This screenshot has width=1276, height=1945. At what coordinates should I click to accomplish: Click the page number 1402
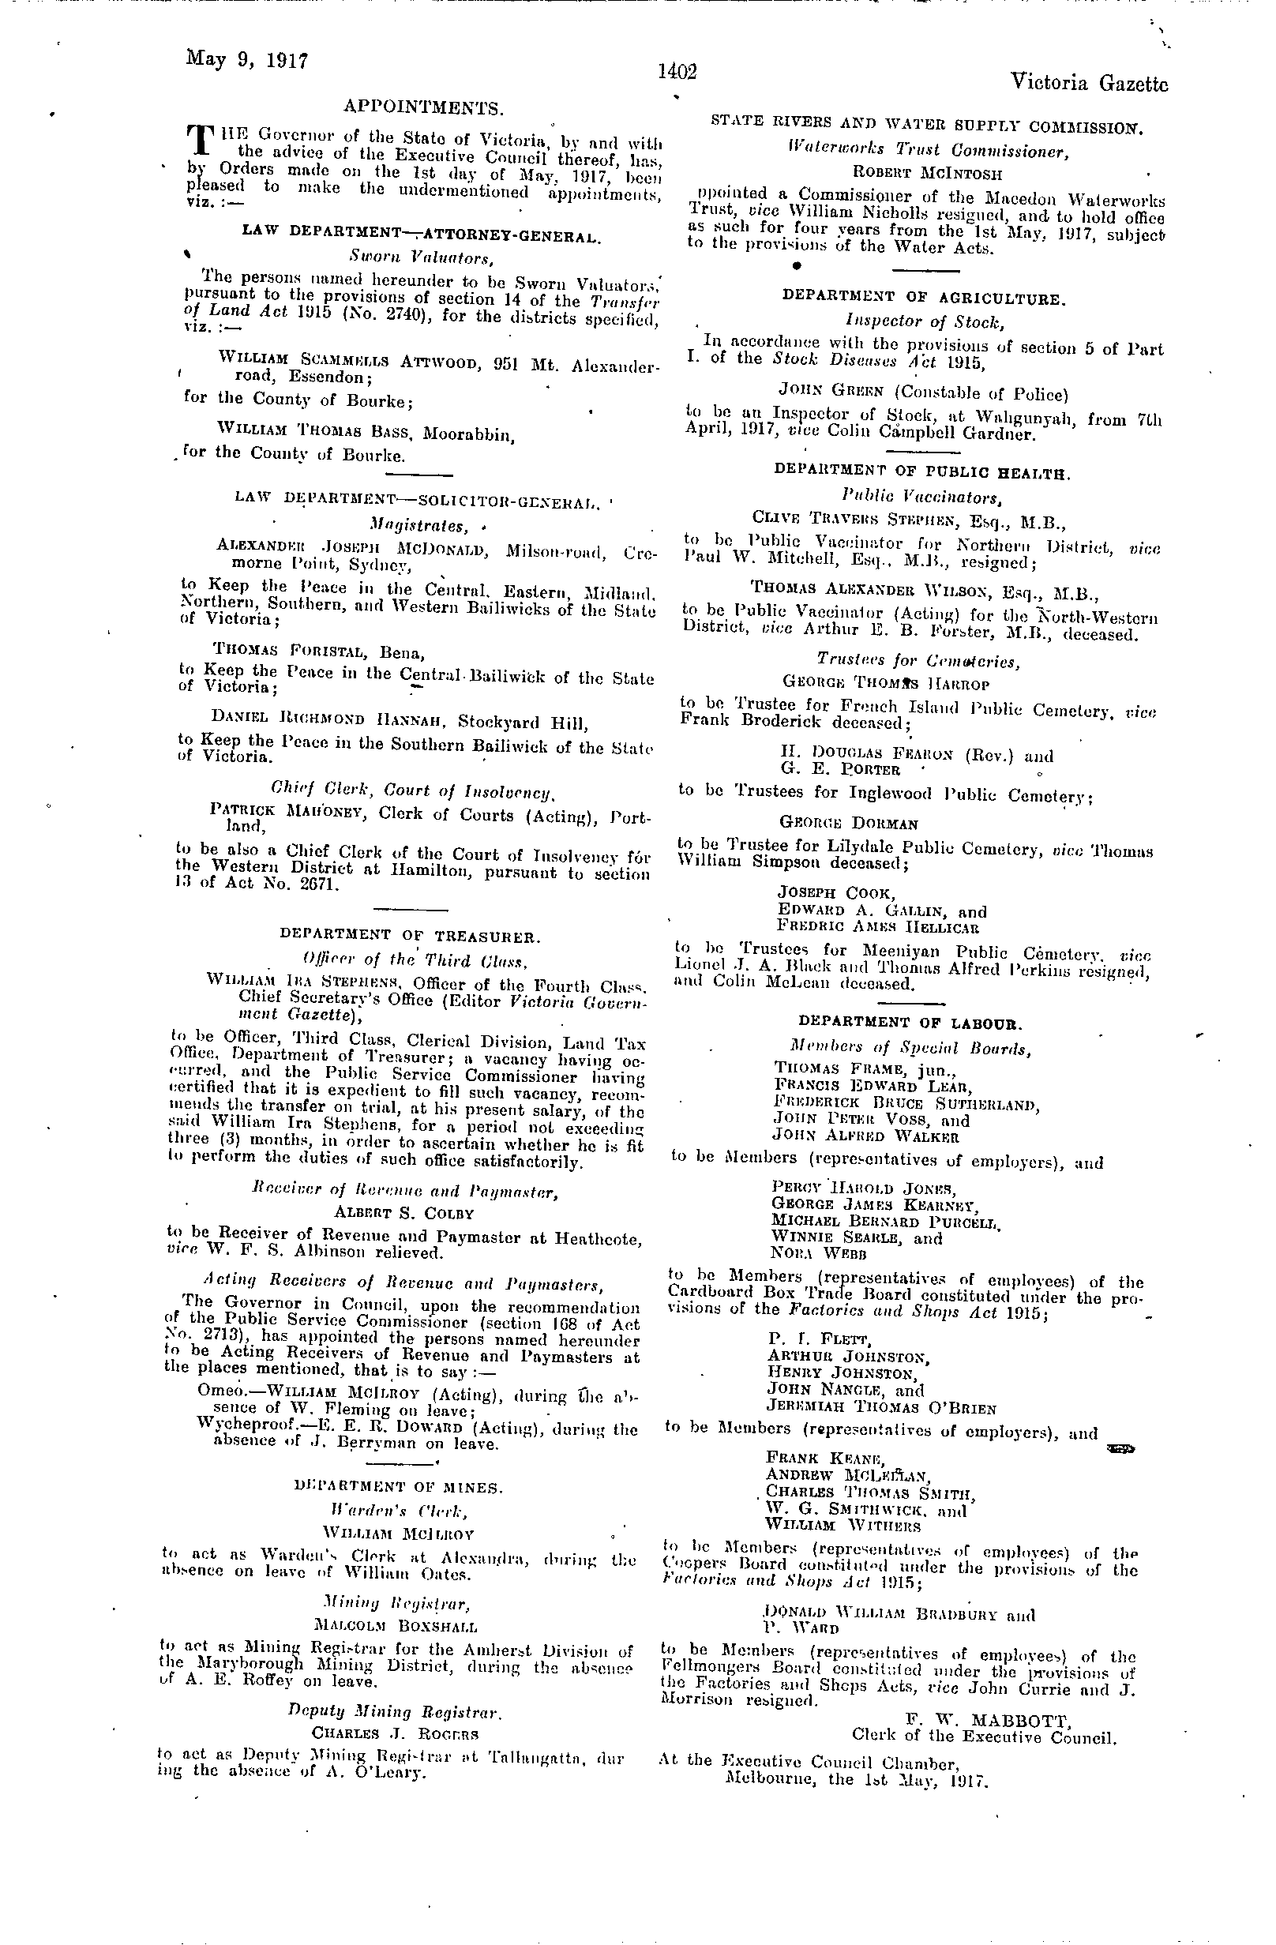(677, 73)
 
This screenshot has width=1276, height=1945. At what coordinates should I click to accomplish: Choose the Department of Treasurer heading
(408, 935)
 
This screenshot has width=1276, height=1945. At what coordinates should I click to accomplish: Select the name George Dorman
(837, 824)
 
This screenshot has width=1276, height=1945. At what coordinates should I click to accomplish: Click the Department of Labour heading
(910, 1023)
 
